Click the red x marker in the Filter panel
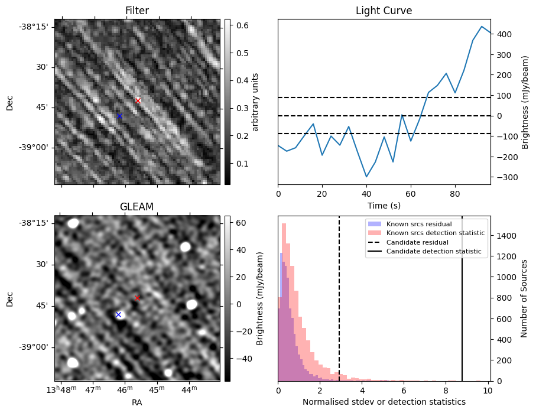click(x=138, y=100)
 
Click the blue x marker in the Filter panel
click(x=119, y=116)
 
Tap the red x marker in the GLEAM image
click(x=137, y=298)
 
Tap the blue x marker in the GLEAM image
click(x=118, y=314)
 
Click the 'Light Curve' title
click(x=384, y=11)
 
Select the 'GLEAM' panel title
click(x=137, y=207)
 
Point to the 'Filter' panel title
click(x=137, y=11)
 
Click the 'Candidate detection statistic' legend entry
click(x=433, y=252)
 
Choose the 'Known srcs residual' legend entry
click(x=418, y=224)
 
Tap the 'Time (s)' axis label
click(x=384, y=206)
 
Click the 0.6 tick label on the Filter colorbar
click(x=242, y=25)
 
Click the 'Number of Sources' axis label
click(x=524, y=298)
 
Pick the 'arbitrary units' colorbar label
click(x=255, y=102)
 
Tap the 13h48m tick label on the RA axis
click(x=62, y=390)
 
